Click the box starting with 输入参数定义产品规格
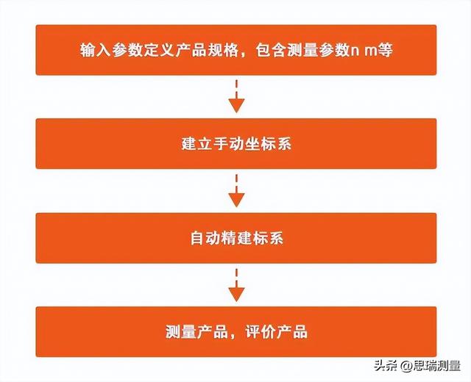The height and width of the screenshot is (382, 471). click(x=236, y=50)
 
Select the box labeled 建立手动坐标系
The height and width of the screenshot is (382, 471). click(x=236, y=144)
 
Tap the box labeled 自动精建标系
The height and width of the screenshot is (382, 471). click(x=236, y=238)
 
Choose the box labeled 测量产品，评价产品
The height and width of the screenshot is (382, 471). click(x=236, y=331)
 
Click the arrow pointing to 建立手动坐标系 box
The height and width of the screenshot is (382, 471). click(x=236, y=96)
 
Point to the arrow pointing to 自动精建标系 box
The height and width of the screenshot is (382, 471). click(x=236, y=190)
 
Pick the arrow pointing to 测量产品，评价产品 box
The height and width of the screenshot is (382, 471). click(x=236, y=285)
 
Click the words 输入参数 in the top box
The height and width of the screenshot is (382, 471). click(x=111, y=51)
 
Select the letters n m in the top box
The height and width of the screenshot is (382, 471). click(x=364, y=51)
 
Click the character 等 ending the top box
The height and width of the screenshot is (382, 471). click(x=385, y=51)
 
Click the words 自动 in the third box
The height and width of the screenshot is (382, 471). click(x=205, y=238)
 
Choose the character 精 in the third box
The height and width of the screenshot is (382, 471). click(x=229, y=238)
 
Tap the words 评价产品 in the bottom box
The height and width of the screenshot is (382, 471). click(x=277, y=332)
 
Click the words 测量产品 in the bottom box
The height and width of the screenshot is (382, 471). click(x=196, y=332)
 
